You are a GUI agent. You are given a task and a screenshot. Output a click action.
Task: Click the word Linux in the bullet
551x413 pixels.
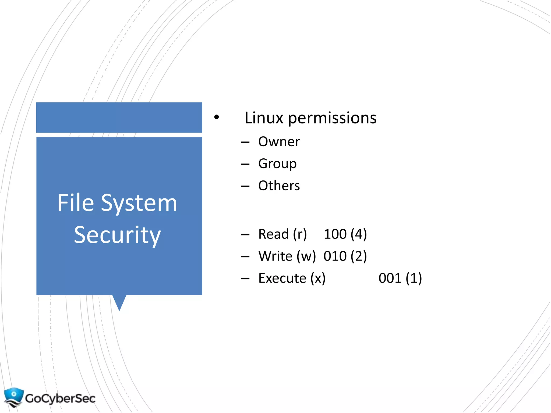click(x=264, y=118)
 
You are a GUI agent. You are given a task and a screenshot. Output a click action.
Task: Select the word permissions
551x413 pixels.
click(x=332, y=118)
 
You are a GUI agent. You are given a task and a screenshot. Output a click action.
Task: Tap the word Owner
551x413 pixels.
click(x=279, y=142)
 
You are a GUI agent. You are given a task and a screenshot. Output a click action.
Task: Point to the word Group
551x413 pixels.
click(x=277, y=164)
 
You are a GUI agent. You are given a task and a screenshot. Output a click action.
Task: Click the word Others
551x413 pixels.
click(x=279, y=186)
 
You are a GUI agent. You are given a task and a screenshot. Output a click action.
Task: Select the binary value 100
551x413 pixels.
click(x=335, y=234)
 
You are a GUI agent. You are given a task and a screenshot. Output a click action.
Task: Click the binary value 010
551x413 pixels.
click(x=335, y=256)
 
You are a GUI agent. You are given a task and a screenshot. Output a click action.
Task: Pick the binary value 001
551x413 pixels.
click(x=390, y=278)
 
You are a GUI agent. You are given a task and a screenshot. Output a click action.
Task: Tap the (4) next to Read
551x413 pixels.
click(x=359, y=234)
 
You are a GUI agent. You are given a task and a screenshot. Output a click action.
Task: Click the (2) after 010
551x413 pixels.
click(x=359, y=256)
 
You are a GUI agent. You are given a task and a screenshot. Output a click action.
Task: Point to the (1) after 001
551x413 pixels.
click(x=414, y=278)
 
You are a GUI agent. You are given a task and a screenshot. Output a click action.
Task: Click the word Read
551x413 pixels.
click(x=273, y=234)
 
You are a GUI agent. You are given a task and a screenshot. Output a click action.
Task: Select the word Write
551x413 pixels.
click(x=275, y=256)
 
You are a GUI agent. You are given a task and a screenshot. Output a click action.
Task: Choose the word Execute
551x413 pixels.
click(x=282, y=278)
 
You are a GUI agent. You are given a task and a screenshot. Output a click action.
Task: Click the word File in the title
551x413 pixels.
click(x=76, y=203)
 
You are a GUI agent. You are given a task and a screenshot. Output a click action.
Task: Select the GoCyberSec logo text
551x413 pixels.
click(x=60, y=398)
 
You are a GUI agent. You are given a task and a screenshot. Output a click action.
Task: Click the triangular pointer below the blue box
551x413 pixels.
click(x=119, y=302)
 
